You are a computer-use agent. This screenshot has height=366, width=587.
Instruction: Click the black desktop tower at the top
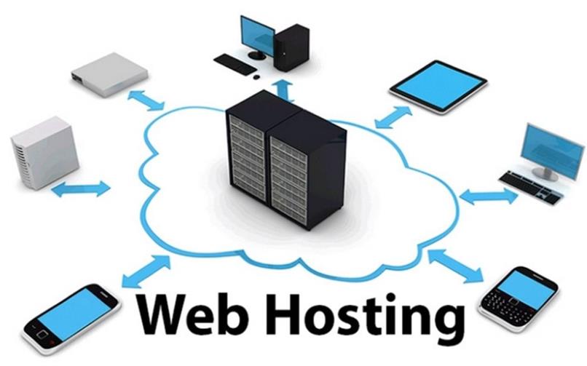point(291,47)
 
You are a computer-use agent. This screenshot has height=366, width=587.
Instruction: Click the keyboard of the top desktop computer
point(235,63)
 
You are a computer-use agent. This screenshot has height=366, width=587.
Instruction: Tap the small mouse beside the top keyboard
point(256,77)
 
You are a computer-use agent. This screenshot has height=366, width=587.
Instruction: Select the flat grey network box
point(109,74)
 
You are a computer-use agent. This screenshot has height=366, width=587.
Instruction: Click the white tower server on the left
point(45,153)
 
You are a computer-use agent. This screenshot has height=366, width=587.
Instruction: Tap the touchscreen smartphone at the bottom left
point(71,319)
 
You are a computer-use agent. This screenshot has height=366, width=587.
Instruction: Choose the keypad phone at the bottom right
point(519,299)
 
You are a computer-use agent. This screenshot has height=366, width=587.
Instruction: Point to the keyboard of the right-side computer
point(531,187)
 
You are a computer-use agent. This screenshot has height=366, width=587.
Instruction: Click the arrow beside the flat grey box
point(146,100)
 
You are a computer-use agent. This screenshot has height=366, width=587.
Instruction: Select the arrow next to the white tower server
point(81,188)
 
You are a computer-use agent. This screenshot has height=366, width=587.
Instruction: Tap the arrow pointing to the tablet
point(393,117)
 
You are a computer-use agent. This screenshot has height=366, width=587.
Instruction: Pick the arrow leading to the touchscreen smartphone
point(146,271)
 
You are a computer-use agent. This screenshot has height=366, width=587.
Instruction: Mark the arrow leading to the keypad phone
point(455,266)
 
